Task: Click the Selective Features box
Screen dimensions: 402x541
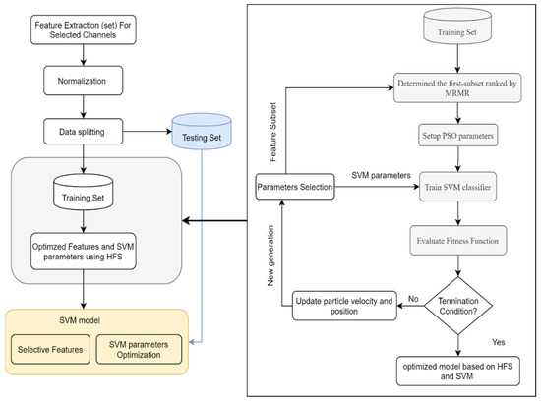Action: tap(49, 350)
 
